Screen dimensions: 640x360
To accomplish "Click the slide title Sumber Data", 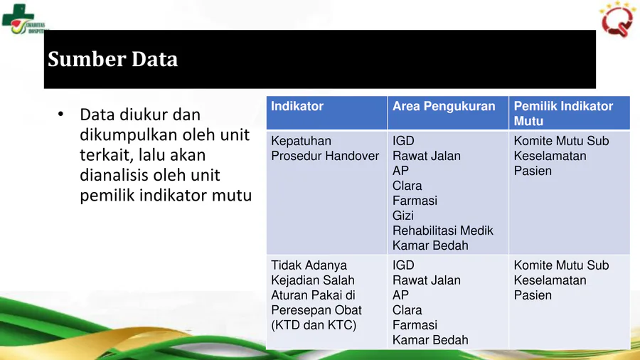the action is pos(112,59).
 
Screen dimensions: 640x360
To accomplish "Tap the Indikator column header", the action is pos(297,106).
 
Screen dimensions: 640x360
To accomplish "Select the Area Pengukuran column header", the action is pos(444,106).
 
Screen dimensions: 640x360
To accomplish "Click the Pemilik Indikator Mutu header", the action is pos(563,113).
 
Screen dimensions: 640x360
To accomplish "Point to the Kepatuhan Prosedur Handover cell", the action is pos(325,148).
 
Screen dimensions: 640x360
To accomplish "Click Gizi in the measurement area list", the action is pos(403,216).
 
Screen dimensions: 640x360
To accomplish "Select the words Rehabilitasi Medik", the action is pos(443,231).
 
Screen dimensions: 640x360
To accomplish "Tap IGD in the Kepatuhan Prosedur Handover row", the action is pos(403,141).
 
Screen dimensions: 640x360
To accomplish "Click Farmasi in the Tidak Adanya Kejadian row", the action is pos(415,325).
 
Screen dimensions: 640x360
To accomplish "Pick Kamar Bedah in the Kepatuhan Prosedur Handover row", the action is pos(430,245).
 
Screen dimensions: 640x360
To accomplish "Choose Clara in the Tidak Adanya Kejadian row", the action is pos(407,310).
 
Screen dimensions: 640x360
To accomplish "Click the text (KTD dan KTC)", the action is pos(314,325).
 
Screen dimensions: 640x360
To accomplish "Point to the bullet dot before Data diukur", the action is pos(61,115).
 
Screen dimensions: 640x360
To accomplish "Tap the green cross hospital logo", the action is pos(18,18).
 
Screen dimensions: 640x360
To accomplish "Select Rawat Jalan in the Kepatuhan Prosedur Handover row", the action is pos(427,156).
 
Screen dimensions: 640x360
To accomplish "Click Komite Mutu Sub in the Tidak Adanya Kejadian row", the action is pos(561,265).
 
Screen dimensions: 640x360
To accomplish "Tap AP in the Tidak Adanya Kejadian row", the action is pos(400,295).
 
